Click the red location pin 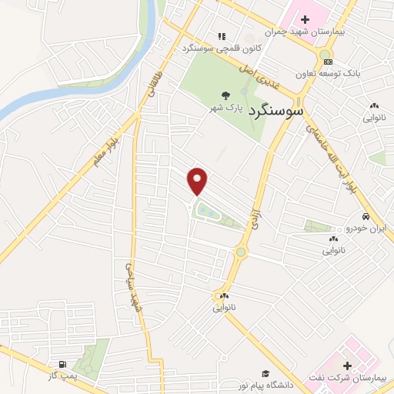click(x=199, y=180)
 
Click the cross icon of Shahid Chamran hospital click(x=305, y=18)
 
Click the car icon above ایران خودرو click(x=370, y=215)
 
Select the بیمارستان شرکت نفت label click(x=356, y=379)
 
